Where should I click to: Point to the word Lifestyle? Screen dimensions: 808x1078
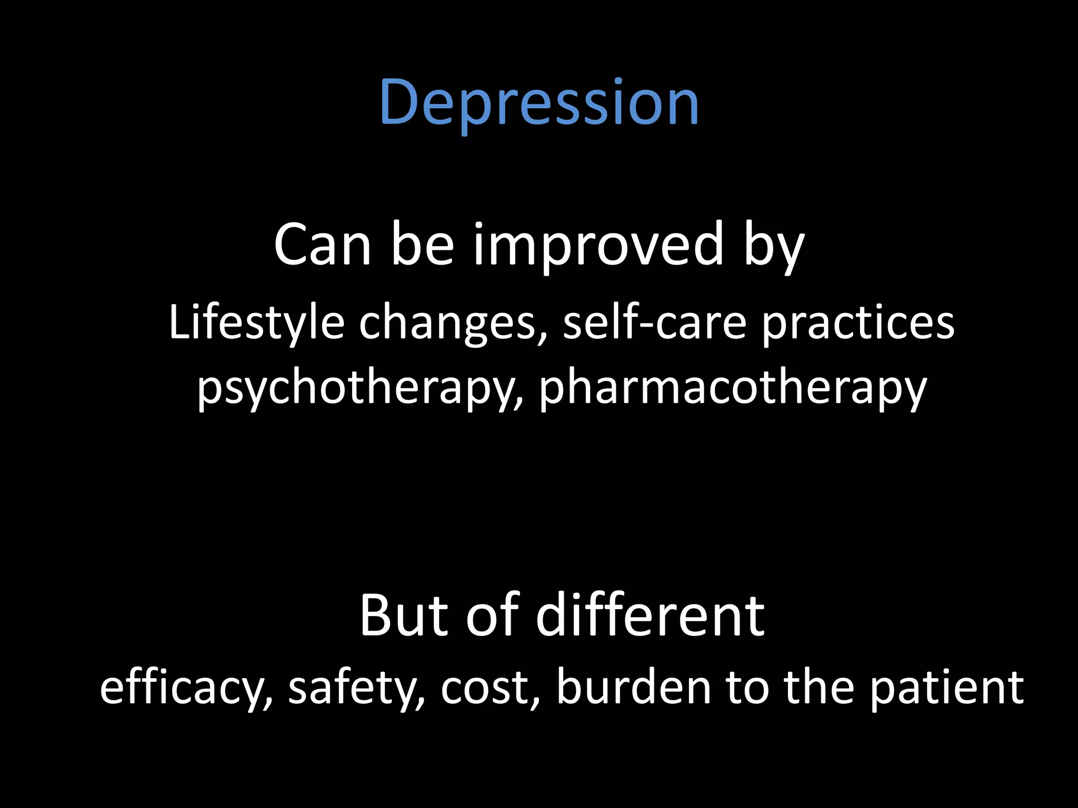[x=256, y=322]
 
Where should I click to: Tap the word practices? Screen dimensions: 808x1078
[x=858, y=322]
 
